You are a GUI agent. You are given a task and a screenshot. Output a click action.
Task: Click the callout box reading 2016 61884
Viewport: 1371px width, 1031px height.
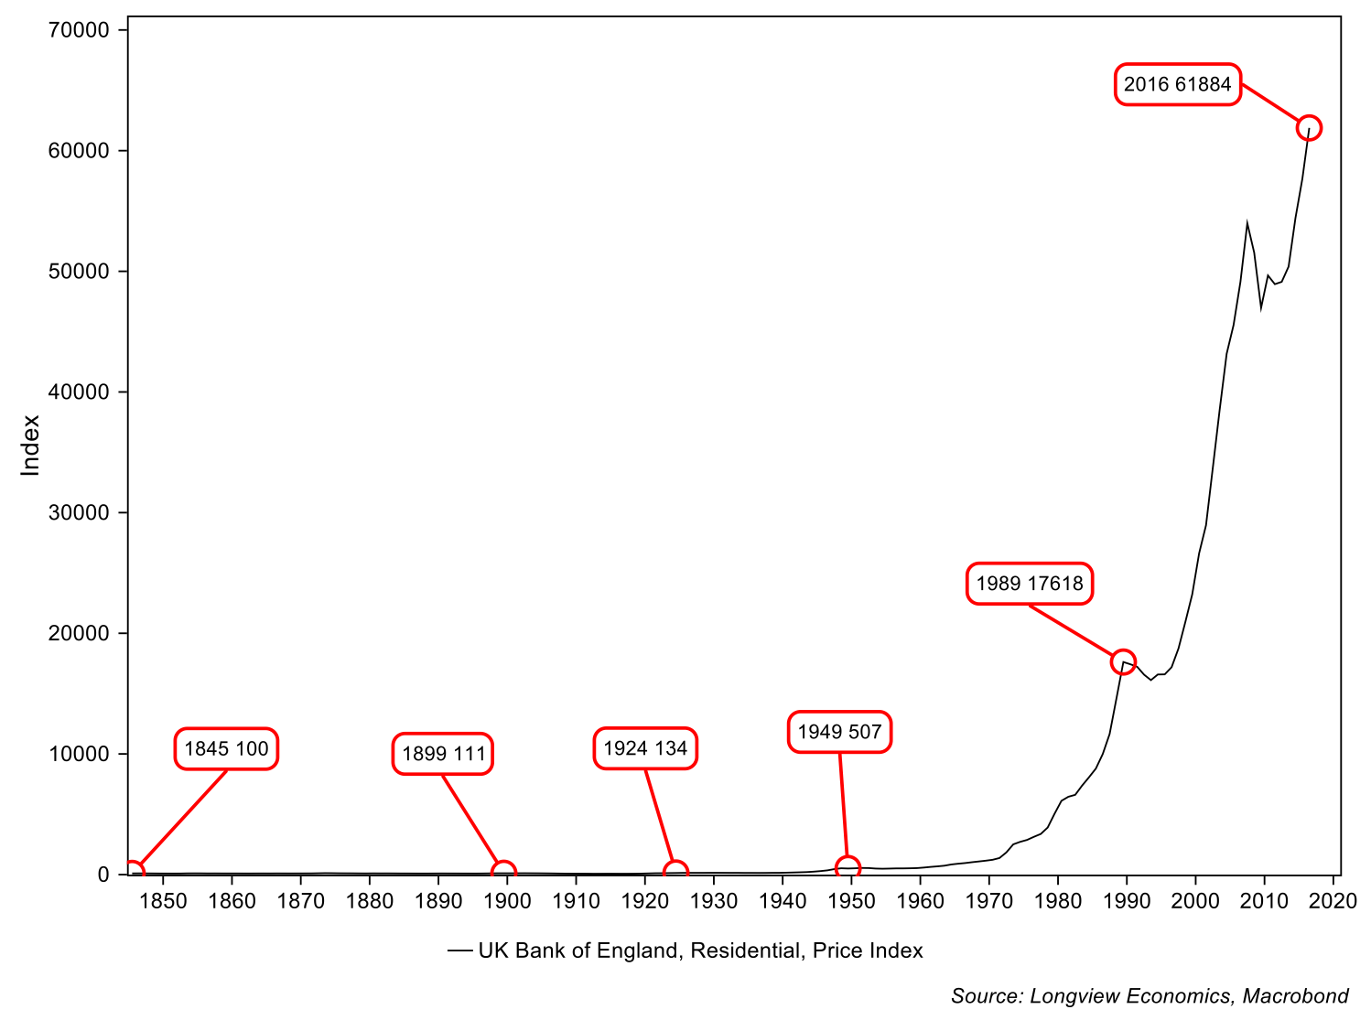pos(1177,84)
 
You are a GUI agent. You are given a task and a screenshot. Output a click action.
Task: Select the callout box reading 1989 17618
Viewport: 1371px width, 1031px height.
pos(1030,584)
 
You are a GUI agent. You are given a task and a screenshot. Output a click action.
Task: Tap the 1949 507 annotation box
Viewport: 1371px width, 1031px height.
pos(839,732)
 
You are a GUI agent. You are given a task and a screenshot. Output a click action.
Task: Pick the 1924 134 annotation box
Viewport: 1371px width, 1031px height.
pos(645,748)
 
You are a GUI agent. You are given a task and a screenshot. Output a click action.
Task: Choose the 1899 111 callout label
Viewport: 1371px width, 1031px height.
pos(443,754)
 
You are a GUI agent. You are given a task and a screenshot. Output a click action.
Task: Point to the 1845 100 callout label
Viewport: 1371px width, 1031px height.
pos(226,749)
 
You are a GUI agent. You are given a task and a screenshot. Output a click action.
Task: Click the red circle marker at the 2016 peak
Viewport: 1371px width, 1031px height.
pos(1309,127)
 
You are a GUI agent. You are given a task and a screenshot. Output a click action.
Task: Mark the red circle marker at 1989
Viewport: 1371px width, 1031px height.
pos(1123,661)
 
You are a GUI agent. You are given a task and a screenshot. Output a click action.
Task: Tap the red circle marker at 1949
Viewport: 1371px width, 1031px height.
pos(847,867)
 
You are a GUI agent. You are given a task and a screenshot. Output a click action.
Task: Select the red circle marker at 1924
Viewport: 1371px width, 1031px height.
pos(675,872)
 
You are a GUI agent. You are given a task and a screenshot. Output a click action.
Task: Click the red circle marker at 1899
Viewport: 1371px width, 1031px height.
pos(502,873)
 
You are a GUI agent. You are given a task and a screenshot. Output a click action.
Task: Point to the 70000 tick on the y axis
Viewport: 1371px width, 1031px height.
pos(79,30)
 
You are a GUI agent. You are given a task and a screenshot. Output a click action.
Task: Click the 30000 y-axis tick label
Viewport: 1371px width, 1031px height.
pos(79,513)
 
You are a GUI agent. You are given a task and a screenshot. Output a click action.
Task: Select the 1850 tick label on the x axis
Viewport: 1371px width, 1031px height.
pos(163,901)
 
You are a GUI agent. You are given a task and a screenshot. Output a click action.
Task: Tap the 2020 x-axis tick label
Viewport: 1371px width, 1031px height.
pos(1333,901)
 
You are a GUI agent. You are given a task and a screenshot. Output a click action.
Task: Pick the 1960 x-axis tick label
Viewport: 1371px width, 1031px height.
pos(920,901)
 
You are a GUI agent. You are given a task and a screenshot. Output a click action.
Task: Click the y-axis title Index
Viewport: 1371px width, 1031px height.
pos(31,446)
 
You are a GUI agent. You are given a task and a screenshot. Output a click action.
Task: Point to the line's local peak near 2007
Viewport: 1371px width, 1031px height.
pos(1247,222)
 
